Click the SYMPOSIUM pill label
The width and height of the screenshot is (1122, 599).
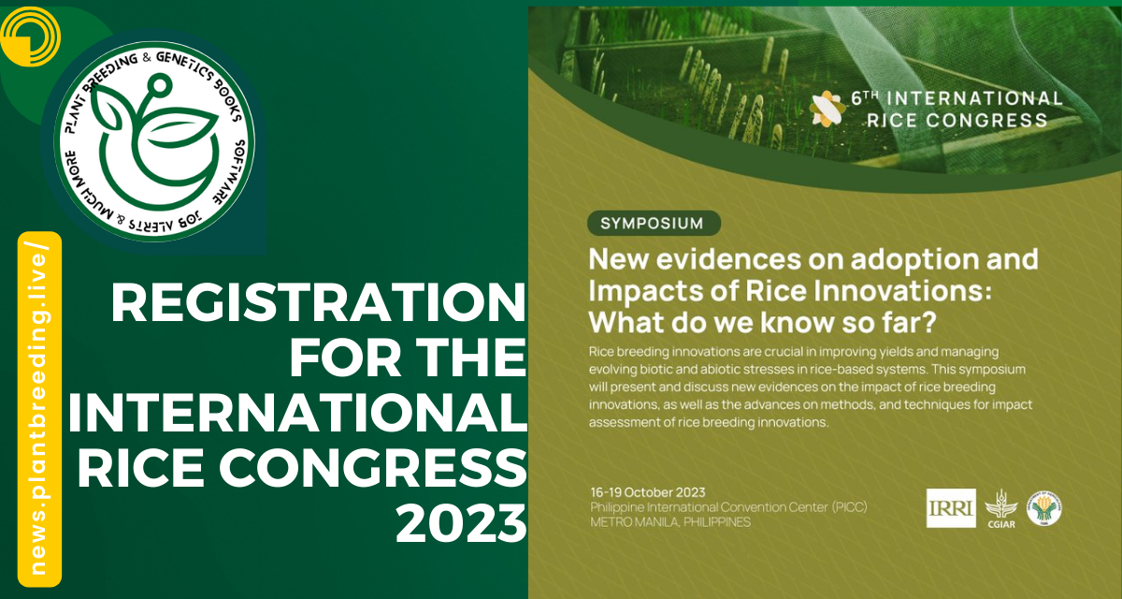click(x=654, y=223)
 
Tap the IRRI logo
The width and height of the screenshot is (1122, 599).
click(x=951, y=508)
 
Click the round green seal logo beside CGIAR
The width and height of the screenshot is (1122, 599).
click(x=1045, y=507)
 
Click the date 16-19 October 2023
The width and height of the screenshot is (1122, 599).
click(x=647, y=492)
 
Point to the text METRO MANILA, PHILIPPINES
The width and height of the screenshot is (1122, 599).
click(x=669, y=521)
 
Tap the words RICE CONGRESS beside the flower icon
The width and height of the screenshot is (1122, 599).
click(x=957, y=120)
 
